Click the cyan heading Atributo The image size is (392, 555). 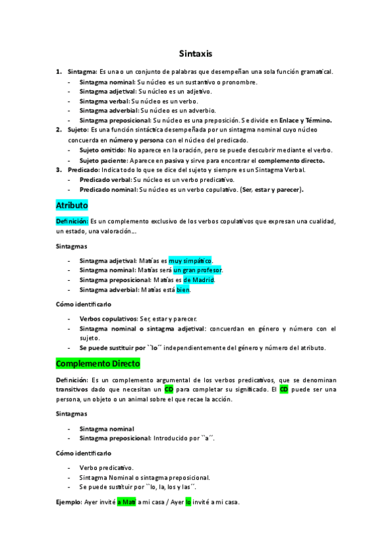[72, 205]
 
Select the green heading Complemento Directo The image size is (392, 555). [98, 363]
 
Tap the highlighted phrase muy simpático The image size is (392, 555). [190, 260]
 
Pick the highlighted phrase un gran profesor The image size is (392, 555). [198, 270]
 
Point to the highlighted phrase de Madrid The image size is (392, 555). [199, 280]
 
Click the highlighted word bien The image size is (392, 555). [183, 290]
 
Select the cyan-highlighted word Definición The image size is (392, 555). [71, 221]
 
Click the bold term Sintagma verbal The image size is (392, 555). [104, 101]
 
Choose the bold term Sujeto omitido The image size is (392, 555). [102, 150]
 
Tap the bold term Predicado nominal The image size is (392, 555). [107, 190]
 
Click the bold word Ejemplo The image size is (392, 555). [69, 503]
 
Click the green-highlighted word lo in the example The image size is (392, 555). [188, 503]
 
